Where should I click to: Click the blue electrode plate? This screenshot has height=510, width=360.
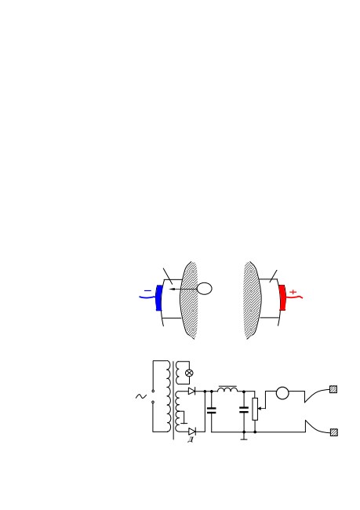click(x=159, y=297)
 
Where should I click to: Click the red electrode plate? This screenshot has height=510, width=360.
click(x=282, y=297)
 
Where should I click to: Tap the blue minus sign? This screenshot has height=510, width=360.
click(x=147, y=291)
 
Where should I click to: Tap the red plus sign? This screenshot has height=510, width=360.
click(x=293, y=292)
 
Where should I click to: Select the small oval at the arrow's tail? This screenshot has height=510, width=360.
click(x=205, y=289)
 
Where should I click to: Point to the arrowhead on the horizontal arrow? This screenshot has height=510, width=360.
click(x=172, y=289)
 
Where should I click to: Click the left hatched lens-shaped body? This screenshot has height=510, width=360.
click(x=189, y=300)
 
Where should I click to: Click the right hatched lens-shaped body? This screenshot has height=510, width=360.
click(x=253, y=300)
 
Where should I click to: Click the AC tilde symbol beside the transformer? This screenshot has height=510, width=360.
click(x=141, y=396)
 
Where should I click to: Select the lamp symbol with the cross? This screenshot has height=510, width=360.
click(x=189, y=373)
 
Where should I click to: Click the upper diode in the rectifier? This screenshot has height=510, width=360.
click(x=192, y=391)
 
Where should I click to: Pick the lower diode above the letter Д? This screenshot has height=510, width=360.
click(x=192, y=432)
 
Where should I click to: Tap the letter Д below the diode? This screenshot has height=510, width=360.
click(x=191, y=440)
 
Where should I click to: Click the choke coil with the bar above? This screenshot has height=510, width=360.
click(x=227, y=388)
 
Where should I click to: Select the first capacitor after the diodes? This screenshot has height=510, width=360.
click(x=212, y=410)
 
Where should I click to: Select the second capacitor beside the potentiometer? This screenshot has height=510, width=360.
click(x=244, y=410)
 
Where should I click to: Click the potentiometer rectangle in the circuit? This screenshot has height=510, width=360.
click(x=255, y=409)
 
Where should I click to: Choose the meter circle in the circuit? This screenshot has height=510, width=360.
click(x=282, y=393)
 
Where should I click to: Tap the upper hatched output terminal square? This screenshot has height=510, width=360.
click(x=333, y=389)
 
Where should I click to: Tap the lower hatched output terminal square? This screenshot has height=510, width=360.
click(x=333, y=432)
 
